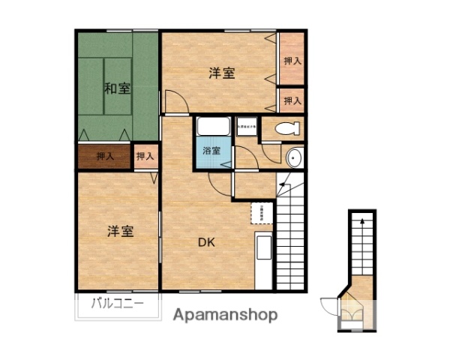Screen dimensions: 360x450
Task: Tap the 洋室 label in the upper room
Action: (x=222, y=73)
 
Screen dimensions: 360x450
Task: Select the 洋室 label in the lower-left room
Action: (x=120, y=231)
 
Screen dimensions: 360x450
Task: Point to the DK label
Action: (x=207, y=242)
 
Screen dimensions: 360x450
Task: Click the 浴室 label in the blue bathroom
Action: (x=211, y=151)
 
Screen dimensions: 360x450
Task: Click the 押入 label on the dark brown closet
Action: (x=105, y=157)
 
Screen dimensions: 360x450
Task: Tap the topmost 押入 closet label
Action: (x=292, y=60)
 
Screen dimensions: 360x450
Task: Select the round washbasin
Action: (x=293, y=157)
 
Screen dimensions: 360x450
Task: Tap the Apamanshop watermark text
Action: (x=226, y=315)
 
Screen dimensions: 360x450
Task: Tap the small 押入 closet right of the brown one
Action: (x=145, y=157)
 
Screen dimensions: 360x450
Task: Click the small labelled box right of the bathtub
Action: (x=247, y=127)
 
